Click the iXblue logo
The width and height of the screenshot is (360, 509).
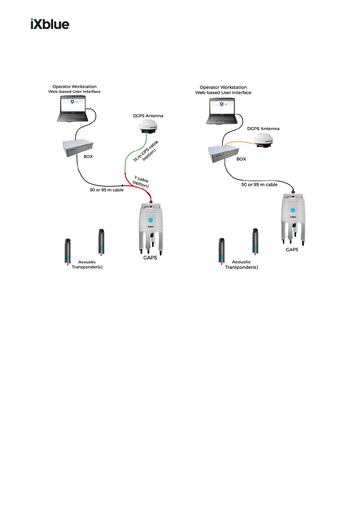pyautogui.click(x=50, y=24)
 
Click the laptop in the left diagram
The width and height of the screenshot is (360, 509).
pyautogui.click(x=73, y=109)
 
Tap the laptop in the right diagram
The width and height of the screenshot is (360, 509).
pyautogui.click(x=222, y=112)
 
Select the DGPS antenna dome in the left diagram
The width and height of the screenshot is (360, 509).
pyautogui.click(x=148, y=126)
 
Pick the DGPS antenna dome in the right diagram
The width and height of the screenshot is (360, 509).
pyautogui.click(x=263, y=140)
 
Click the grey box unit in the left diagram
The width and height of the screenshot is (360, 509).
pyautogui.click(x=78, y=148)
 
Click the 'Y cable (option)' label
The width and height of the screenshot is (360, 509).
pyautogui.click(x=141, y=182)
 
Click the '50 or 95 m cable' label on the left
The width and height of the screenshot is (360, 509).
pyautogui.click(x=107, y=190)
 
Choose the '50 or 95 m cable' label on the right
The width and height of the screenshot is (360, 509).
pyautogui.click(x=259, y=185)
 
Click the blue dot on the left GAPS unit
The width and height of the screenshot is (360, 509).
pyautogui.click(x=151, y=220)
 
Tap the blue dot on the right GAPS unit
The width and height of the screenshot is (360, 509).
pyautogui.click(x=293, y=210)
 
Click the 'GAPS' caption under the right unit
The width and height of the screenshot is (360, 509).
pyautogui.click(x=292, y=250)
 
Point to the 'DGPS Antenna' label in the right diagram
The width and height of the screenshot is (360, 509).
pyautogui.click(x=263, y=129)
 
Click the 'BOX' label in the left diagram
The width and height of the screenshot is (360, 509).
pyautogui.click(x=88, y=157)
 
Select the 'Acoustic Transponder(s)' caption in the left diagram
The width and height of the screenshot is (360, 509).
pyautogui.click(x=87, y=264)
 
